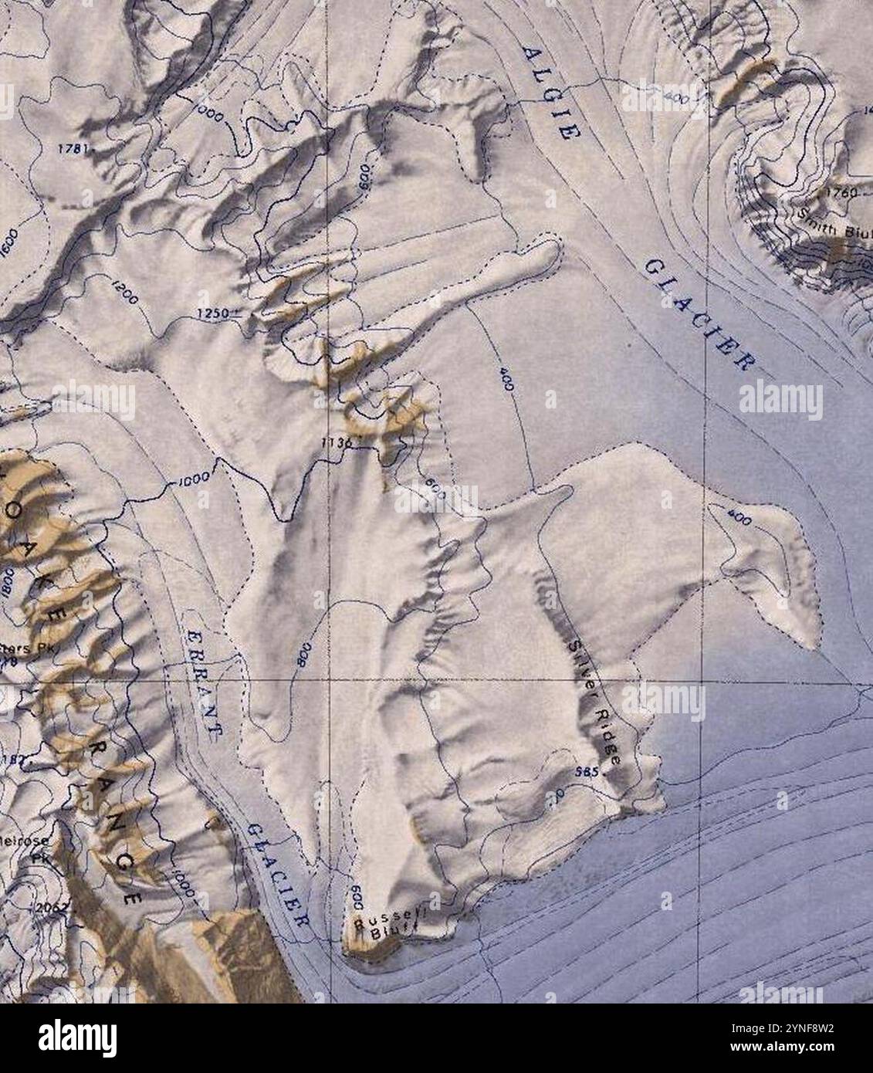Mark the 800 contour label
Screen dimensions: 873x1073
coord(302,655)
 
